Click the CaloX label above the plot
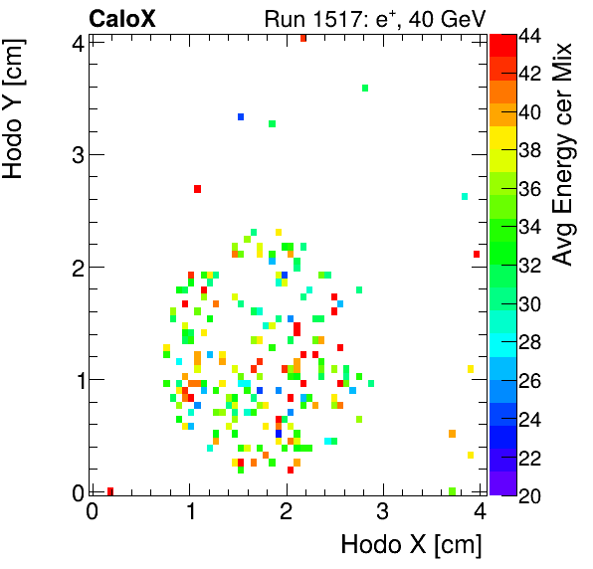coord(122,18)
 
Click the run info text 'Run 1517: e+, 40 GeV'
coord(373,18)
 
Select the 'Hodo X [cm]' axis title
coord(411,545)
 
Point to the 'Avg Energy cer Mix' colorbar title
coord(563,154)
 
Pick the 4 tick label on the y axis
coord(77,42)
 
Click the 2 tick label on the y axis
coord(77,267)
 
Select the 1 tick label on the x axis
coord(189,511)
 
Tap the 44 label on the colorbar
coord(528,35)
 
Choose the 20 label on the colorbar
coord(528,494)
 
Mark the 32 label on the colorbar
coord(528,265)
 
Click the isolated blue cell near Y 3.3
coord(241,117)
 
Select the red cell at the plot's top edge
coord(302,38)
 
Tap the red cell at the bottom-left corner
coord(109,490)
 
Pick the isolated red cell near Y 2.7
coord(198,189)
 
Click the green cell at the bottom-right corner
coord(452,490)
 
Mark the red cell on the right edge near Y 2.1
coord(477,255)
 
